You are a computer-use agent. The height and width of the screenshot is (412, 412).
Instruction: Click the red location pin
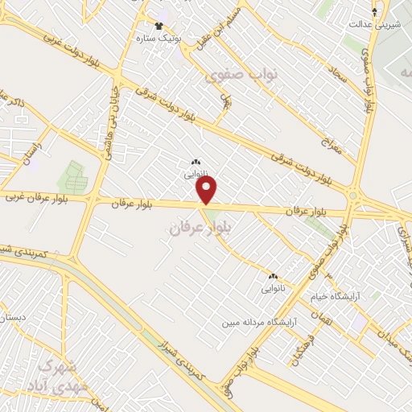click(208, 190)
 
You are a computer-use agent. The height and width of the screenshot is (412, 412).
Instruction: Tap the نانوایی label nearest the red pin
click(196, 172)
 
